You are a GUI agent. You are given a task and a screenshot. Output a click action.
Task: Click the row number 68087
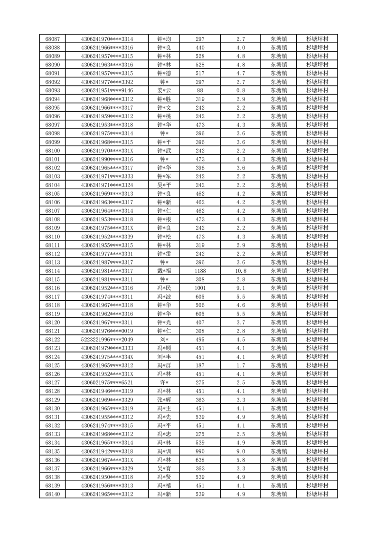[x=52, y=39]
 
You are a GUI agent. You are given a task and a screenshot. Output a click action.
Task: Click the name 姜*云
[x=164, y=91]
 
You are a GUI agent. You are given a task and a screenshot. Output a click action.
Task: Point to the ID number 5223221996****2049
[x=107, y=340]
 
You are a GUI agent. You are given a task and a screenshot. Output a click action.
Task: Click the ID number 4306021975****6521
[x=107, y=382]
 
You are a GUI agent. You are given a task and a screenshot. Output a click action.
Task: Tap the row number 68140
[x=52, y=495]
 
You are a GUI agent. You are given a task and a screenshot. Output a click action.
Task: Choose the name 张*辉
[x=164, y=400]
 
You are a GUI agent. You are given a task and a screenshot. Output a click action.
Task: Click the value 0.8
[x=240, y=91]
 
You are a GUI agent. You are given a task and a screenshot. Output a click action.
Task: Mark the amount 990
[x=200, y=451]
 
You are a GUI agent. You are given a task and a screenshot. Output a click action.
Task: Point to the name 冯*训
[x=164, y=451]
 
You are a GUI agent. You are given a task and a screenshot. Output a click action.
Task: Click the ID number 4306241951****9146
[x=107, y=91]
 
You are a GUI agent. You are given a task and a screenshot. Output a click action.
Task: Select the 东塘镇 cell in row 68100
[x=278, y=151]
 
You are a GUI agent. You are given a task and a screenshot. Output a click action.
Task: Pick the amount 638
[x=200, y=460]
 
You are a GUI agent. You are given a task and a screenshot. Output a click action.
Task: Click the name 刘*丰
[x=164, y=357]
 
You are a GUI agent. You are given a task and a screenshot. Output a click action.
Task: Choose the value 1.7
[x=240, y=365]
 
